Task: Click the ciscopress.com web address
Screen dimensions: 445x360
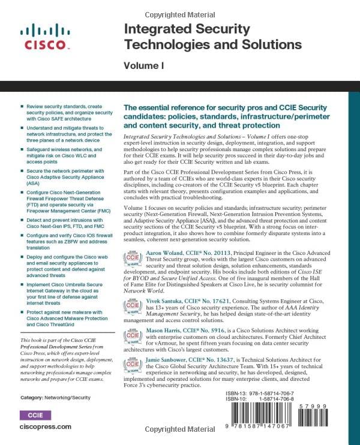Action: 46,427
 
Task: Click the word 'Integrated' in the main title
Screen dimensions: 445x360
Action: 149,29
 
